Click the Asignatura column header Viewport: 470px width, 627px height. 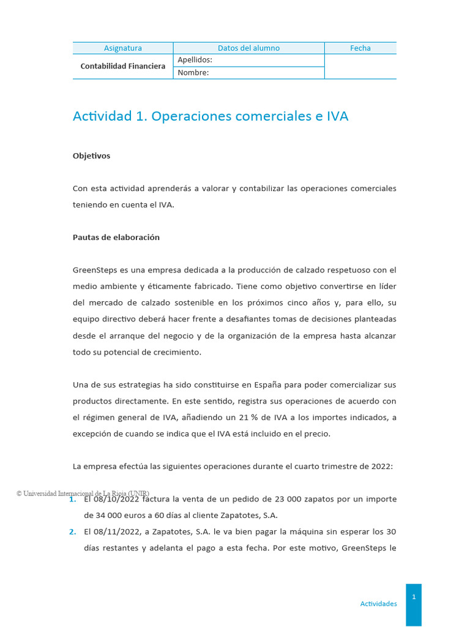coord(122,48)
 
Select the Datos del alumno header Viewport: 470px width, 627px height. coord(248,48)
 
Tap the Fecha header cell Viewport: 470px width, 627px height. coord(360,48)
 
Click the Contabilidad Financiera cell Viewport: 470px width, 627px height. coord(123,66)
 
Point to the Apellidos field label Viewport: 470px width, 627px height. coord(195,60)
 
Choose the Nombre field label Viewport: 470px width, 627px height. coord(193,73)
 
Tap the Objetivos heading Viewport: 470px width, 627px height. coord(91,156)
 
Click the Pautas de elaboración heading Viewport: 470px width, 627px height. coord(116,238)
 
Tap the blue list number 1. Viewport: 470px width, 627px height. coord(73,500)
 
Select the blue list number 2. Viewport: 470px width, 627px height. coord(73,532)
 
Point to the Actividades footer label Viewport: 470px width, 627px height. coord(378,604)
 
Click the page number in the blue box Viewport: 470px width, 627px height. coord(414,597)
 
